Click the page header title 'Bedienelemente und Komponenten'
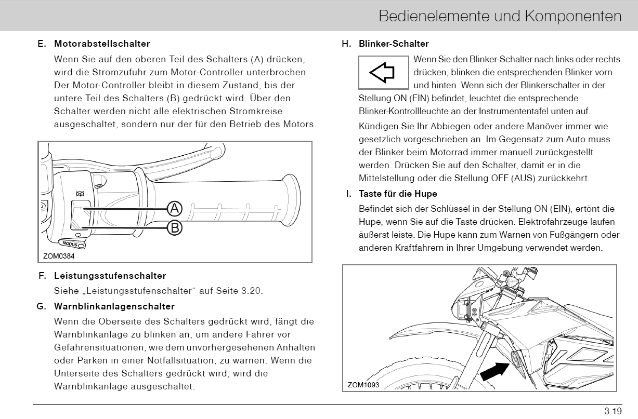point(500,16)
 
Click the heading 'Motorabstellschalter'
point(102,44)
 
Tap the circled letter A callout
point(175,209)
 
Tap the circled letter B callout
point(175,227)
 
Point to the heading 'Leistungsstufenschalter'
point(110,276)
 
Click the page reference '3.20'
point(252,291)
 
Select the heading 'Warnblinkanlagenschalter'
point(114,306)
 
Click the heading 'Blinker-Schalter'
point(394,44)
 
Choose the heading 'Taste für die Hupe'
point(398,194)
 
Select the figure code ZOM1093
point(363,385)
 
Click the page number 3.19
point(613,412)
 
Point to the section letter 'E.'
point(42,44)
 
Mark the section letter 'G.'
point(42,306)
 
